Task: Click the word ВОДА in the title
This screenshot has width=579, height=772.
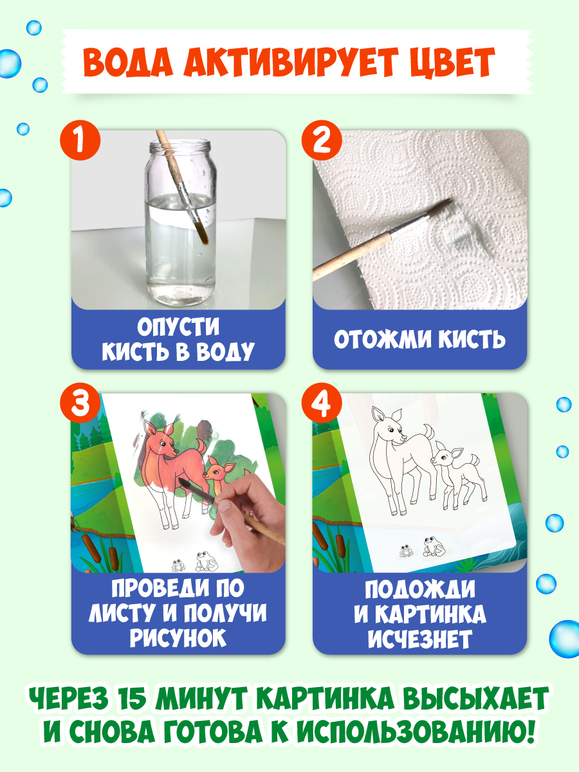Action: tap(136, 62)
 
